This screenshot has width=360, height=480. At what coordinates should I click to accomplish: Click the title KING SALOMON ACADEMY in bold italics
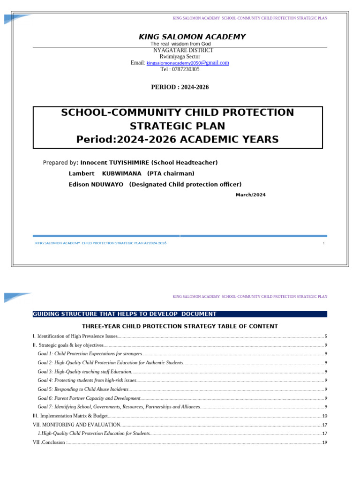pyautogui.click(x=192, y=37)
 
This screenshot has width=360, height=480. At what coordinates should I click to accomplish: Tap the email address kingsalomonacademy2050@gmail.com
pyautogui.click(x=187, y=63)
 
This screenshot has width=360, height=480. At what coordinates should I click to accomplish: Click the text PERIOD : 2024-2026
pyautogui.click(x=180, y=87)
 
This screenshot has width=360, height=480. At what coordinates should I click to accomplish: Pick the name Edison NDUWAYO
pyautogui.click(x=96, y=185)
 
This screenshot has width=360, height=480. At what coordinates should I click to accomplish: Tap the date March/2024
pyautogui.click(x=250, y=195)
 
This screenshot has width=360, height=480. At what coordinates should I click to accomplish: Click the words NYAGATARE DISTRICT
pyautogui.click(x=183, y=50)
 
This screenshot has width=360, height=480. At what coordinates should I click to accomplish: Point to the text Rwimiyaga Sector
pyautogui.click(x=180, y=57)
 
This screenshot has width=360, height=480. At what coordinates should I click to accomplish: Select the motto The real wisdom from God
pyautogui.click(x=180, y=44)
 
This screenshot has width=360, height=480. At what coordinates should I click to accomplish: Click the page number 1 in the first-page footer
pyautogui.click(x=323, y=243)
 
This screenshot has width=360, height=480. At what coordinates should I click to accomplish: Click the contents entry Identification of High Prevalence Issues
pyautogui.click(x=77, y=336)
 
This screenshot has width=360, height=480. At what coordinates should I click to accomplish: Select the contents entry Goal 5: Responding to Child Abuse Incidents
pyautogui.click(x=83, y=389)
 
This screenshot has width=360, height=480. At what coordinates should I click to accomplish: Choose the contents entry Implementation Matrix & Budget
pyautogui.click(x=74, y=416)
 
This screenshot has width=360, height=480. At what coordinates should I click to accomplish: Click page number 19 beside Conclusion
pyautogui.click(x=324, y=442)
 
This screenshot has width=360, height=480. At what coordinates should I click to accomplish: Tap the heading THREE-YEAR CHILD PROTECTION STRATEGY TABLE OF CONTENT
pyautogui.click(x=180, y=326)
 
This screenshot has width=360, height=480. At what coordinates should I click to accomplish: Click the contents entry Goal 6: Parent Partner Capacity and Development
pyautogui.click(x=89, y=398)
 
